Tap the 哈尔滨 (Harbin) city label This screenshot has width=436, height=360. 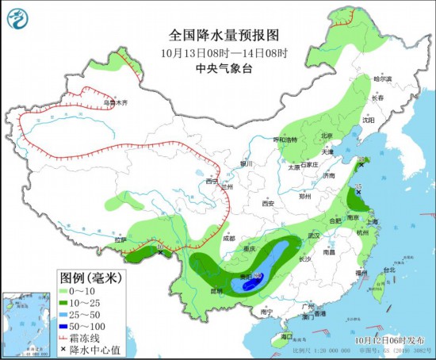(x=383, y=79)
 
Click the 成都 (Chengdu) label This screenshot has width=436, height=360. (x=229, y=237)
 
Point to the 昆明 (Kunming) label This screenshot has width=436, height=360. (x=215, y=291)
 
